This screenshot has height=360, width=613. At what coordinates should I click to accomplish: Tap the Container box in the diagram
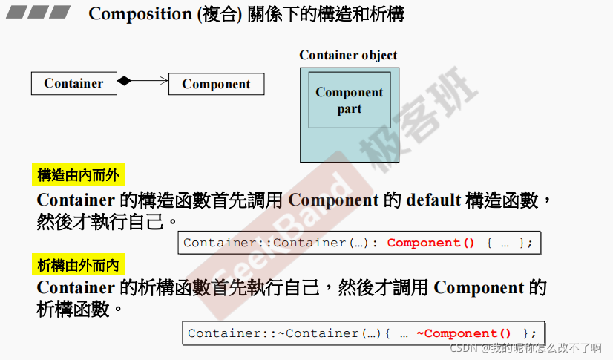(73, 83)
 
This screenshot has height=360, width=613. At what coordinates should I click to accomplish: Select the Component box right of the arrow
(216, 84)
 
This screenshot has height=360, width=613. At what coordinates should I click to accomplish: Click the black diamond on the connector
(124, 81)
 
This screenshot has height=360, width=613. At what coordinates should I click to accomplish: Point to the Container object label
(348, 55)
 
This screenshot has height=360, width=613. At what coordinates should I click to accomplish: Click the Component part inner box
(349, 100)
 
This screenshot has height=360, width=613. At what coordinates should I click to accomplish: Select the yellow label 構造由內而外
(78, 175)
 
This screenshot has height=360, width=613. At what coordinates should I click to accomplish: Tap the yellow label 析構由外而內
(78, 264)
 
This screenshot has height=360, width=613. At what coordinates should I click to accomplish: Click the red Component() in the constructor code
(430, 243)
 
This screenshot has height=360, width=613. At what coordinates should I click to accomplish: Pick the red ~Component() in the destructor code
(464, 333)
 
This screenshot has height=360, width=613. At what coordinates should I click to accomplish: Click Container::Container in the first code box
(265, 243)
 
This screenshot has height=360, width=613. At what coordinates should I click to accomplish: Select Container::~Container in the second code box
(274, 333)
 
